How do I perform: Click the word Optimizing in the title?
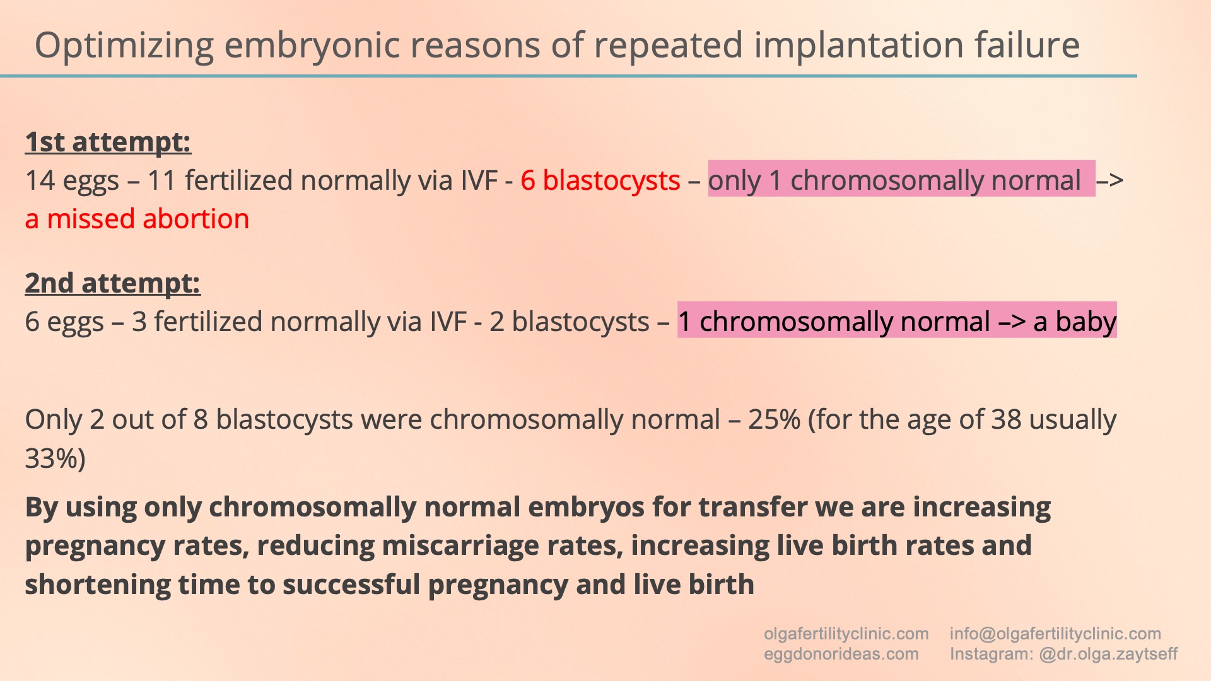pyautogui.click(x=124, y=46)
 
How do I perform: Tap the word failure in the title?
pyautogui.click(x=1027, y=45)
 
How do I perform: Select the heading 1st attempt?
pyautogui.click(x=108, y=142)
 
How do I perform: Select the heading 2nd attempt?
pyautogui.click(x=113, y=283)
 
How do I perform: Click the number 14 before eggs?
pyautogui.click(x=40, y=181)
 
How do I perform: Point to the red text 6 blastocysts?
pyautogui.click(x=600, y=181)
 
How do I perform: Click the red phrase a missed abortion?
pyautogui.click(x=137, y=219)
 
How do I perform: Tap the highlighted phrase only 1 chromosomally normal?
pyautogui.click(x=894, y=181)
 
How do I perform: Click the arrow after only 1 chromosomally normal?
pyautogui.click(x=1110, y=181)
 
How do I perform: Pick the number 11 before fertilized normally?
pyautogui.click(x=161, y=181)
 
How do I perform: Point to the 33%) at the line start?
pyautogui.click(x=56, y=459)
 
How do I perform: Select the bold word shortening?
pyautogui.click(x=98, y=585)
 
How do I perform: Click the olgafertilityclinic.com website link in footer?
pyautogui.click(x=846, y=634)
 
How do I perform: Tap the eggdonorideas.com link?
pyautogui.click(x=841, y=654)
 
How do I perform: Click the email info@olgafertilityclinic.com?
pyautogui.click(x=1055, y=634)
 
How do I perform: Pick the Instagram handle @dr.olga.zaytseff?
pyautogui.click(x=1108, y=654)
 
